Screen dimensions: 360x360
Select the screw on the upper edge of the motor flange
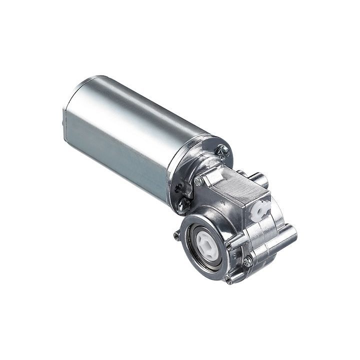(x=222, y=149)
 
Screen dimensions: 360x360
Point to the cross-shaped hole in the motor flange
(x=178, y=188)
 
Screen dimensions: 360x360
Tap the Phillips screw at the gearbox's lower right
(x=247, y=261)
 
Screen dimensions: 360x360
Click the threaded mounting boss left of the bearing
(x=176, y=235)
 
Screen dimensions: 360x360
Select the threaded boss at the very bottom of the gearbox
(x=229, y=280)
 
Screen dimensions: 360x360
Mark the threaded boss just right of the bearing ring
(x=229, y=245)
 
